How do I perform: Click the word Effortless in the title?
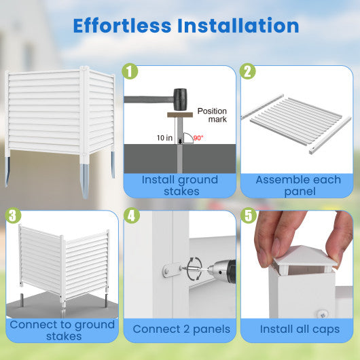[122, 26]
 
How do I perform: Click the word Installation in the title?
[238, 26]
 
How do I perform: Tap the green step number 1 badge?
[130, 71]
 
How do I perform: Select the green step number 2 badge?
[247, 71]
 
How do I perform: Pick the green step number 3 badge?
[13, 215]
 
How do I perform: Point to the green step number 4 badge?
[132, 215]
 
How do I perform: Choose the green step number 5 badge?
[249, 215]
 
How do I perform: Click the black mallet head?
[180, 99]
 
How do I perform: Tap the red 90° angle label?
[198, 138]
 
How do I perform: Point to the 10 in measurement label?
[164, 138]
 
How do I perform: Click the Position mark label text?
[212, 115]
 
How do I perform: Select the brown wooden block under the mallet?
[180, 115]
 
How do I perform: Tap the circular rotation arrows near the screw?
[194, 268]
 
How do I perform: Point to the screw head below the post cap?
[322, 313]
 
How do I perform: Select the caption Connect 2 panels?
[181, 329]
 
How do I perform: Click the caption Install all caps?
[300, 329]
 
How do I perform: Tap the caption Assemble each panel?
[298, 185]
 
